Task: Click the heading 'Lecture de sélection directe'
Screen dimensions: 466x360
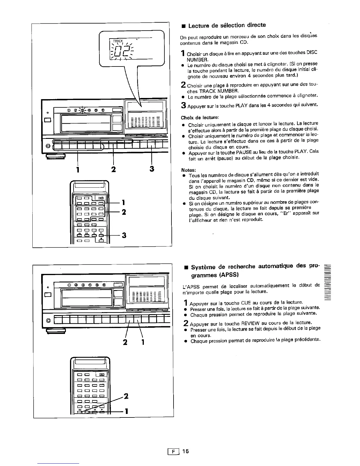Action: (227, 25)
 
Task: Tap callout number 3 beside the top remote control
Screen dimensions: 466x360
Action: (124, 235)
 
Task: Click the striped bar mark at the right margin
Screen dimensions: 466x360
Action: (326, 282)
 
